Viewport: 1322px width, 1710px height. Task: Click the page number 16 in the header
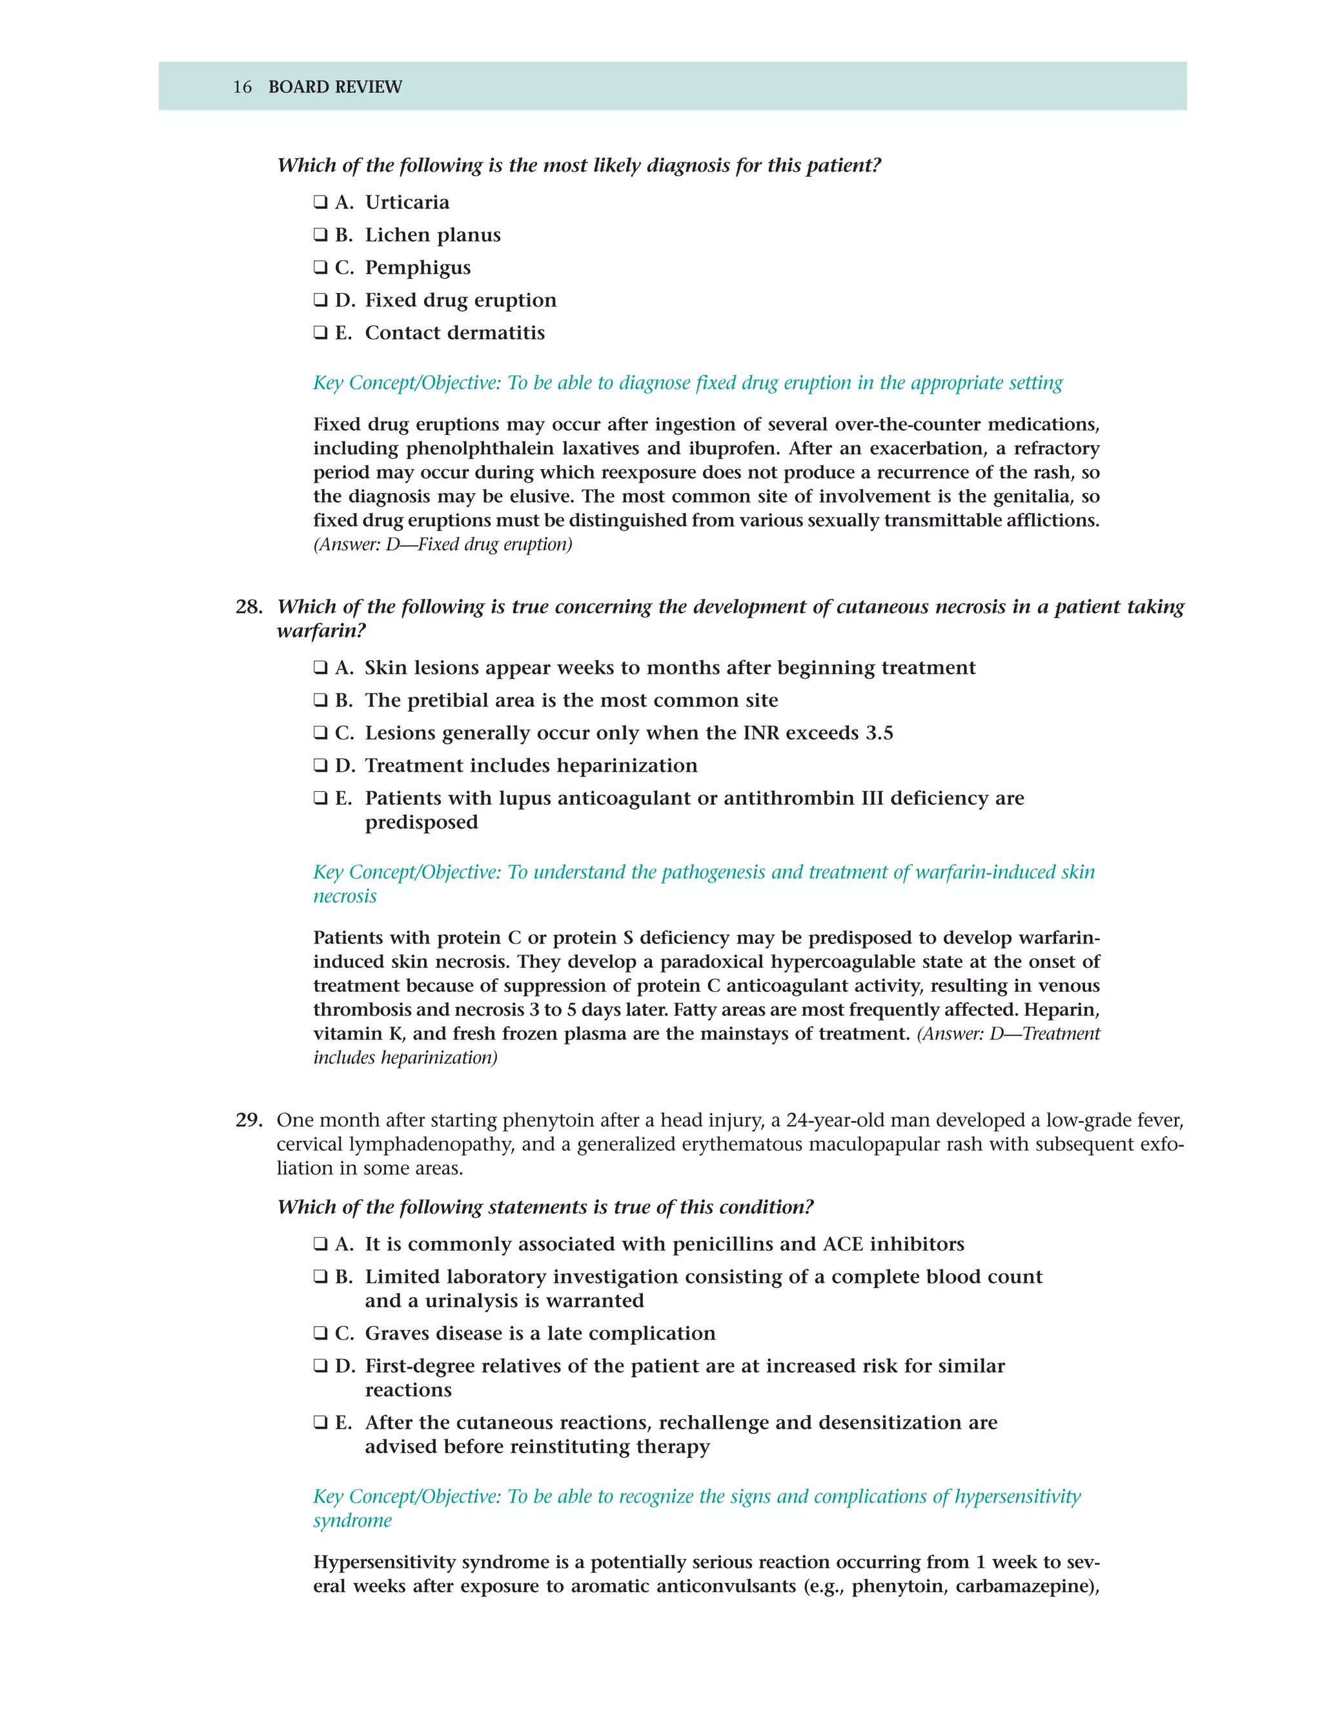coord(242,87)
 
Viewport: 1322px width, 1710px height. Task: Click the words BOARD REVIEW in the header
coord(334,87)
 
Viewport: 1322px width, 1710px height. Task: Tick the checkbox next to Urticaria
coord(320,202)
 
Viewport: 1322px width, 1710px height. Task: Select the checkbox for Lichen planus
coord(320,235)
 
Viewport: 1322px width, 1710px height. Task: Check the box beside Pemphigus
coord(320,267)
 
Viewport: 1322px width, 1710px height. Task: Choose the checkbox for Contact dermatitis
coord(320,333)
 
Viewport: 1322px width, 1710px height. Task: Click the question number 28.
coord(249,607)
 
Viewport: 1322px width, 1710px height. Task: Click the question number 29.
coord(249,1120)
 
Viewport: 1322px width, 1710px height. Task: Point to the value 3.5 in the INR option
coord(879,734)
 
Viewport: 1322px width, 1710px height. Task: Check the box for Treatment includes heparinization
coord(320,766)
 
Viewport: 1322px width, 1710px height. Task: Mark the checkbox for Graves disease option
coord(320,1333)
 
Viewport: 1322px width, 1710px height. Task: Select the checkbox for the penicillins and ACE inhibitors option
coord(320,1244)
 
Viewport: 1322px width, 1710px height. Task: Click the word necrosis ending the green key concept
coord(345,896)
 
